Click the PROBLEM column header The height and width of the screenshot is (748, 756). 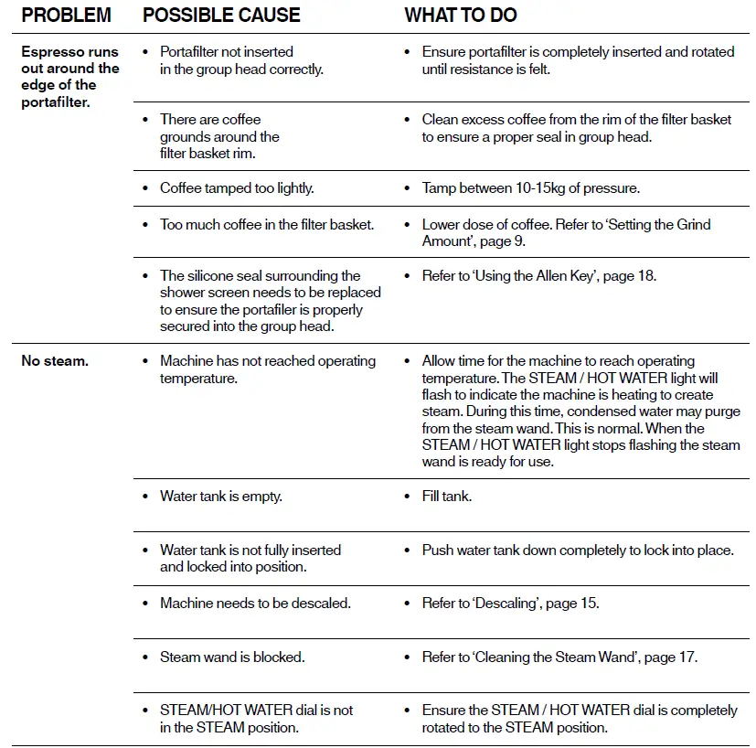[66, 16]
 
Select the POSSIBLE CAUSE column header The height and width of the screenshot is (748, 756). [221, 16]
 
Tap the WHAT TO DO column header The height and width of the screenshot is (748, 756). [460, 16]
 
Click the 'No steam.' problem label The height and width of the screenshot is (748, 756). [55, 361]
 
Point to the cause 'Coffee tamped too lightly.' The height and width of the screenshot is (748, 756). [237, 188]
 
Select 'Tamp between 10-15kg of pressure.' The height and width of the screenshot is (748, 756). [530, 188]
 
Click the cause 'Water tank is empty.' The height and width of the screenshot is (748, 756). [220, 497]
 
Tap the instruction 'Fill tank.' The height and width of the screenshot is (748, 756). [446, 497]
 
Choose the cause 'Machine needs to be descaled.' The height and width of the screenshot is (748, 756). [255, 604]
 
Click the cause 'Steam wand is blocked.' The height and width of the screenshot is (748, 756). [232, 657]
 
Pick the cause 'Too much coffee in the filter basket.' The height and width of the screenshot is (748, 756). [267, 224]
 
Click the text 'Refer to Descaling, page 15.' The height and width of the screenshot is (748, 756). [510, 604]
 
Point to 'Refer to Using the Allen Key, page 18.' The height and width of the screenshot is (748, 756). [538, 275]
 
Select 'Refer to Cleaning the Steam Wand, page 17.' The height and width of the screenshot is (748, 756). [559, 657]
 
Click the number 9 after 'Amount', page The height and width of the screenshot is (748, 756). [521, 241]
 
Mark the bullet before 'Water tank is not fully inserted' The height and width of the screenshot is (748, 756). [146, 550]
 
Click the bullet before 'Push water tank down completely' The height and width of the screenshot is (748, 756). [408, 550]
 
